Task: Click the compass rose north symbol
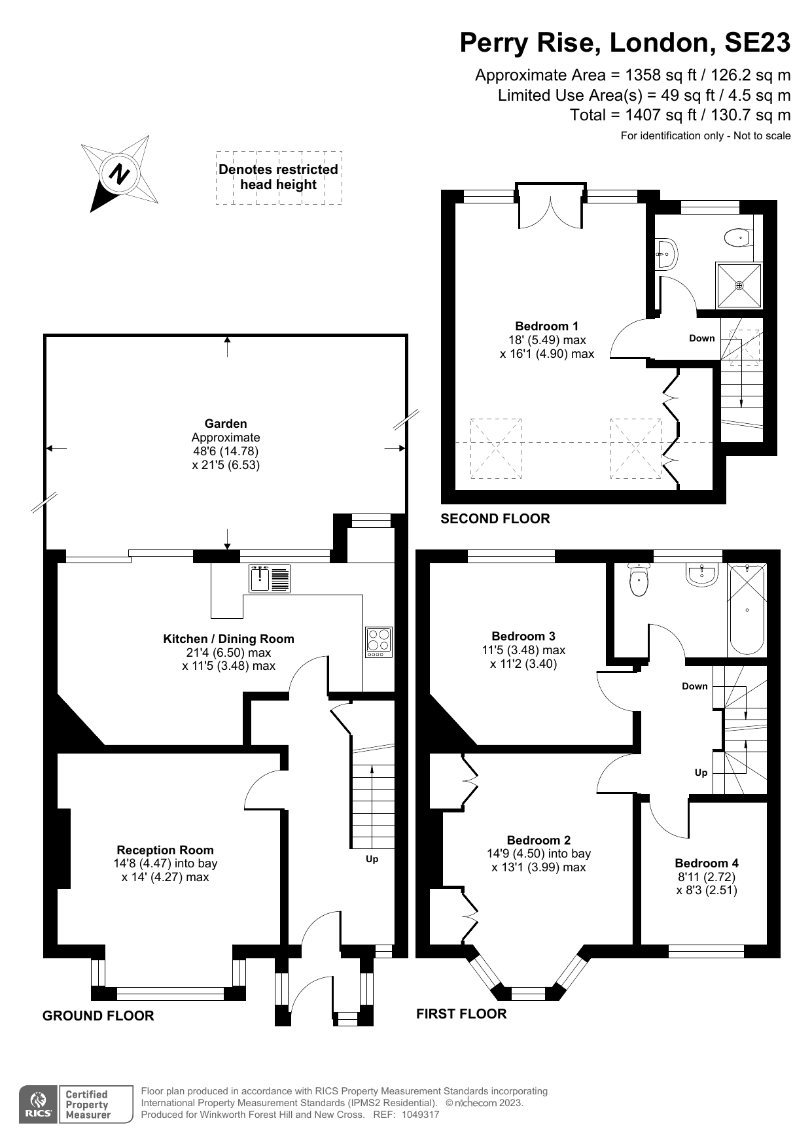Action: click(x=119, y=174)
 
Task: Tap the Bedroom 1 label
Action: click(x=546, y=326)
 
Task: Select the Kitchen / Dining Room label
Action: click(x=228, y=638)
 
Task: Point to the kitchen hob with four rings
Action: click(x=379, y=642)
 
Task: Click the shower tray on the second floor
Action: click(x=739, y=285)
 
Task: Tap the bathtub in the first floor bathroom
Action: click(x=747, y=610)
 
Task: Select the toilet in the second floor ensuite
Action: click(x=738, y=237)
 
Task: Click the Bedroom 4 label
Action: click(x=706, y=863)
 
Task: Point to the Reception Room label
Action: click(x=165, y=850)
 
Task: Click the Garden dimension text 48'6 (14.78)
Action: click(x=226, y=451)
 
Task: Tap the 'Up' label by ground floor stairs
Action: click(x=372, y=859)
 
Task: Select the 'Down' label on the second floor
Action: click(x=701, y=338)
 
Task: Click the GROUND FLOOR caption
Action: click(x=98, y=1015)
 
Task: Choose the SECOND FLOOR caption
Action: click(x=495, y=519)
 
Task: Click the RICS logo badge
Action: click(x=38, y=1105)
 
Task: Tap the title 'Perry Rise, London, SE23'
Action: click(x=624, y=43)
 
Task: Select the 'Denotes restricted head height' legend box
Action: click(x=279, y=177)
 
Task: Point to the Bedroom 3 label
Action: click(x=523, y=636)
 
